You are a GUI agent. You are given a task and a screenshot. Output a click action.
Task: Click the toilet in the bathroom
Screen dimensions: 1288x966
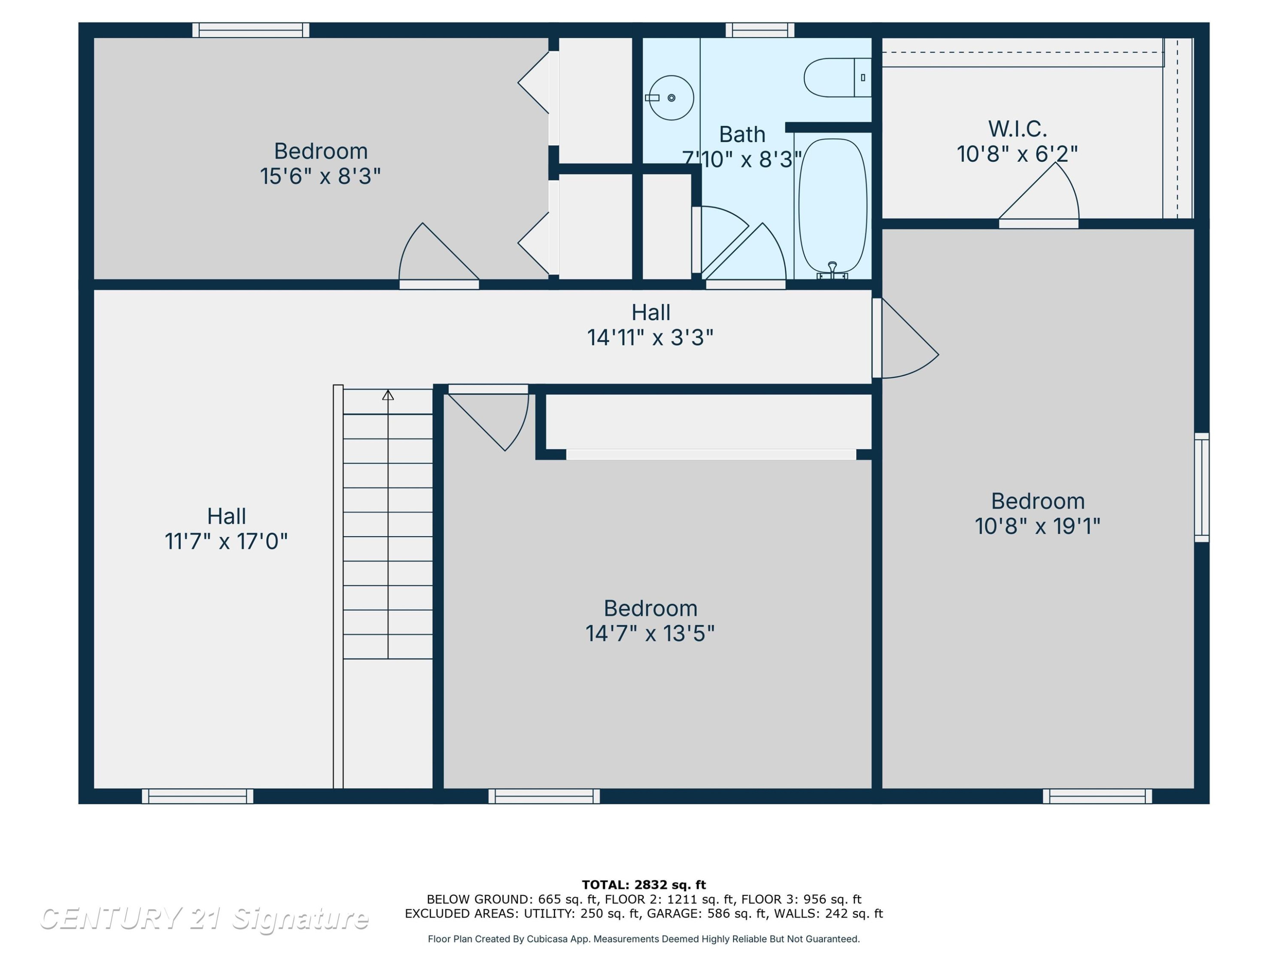[837, 77]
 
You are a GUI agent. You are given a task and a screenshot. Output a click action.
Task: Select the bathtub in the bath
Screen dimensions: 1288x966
[832, 206]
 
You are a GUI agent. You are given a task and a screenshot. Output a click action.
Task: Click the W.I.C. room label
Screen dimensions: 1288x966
[1017, 129]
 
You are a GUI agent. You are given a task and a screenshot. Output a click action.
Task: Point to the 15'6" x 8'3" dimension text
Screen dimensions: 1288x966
[320, 176]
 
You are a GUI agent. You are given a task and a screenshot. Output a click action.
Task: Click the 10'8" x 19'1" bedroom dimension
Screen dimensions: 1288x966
[1038, 526]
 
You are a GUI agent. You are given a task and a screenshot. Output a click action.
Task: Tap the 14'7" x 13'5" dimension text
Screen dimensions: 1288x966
[650, 634]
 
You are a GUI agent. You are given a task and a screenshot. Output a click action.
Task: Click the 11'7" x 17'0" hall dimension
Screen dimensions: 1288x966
[226, 541]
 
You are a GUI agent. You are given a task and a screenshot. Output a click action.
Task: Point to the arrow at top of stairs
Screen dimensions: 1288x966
[388, 395]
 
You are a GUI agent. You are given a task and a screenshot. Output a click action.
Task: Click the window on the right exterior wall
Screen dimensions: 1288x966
[1202, 487]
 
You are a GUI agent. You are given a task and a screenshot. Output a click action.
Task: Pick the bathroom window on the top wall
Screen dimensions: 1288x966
[760, 30]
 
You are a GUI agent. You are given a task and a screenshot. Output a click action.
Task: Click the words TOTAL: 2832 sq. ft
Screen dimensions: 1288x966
[644, 885]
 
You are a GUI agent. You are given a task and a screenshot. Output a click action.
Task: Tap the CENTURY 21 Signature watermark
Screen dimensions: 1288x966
[204, 919]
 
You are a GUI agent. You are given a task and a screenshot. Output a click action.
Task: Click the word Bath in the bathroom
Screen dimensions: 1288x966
[742, 134]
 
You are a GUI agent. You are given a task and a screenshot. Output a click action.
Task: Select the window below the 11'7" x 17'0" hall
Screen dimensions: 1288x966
[197, 796]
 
